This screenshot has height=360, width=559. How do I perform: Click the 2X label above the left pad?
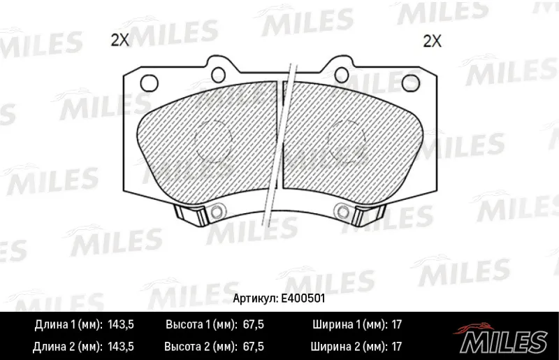coord(119,41)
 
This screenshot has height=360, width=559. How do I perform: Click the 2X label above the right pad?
coord(432,41)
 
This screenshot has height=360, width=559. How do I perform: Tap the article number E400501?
coord(303,298)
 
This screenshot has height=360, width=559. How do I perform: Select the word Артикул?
coord(255,298)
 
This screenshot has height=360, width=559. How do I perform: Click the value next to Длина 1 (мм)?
coord(120,324)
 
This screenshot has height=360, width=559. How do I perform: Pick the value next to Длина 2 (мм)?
coord(120,347)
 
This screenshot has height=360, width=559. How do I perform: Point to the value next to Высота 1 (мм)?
coord(253,324)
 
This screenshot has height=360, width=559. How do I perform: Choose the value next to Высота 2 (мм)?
coord(253,347)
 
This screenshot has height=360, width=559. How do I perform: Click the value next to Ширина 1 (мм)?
coord(396,324)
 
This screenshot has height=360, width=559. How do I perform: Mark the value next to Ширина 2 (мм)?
coord(396,347)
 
